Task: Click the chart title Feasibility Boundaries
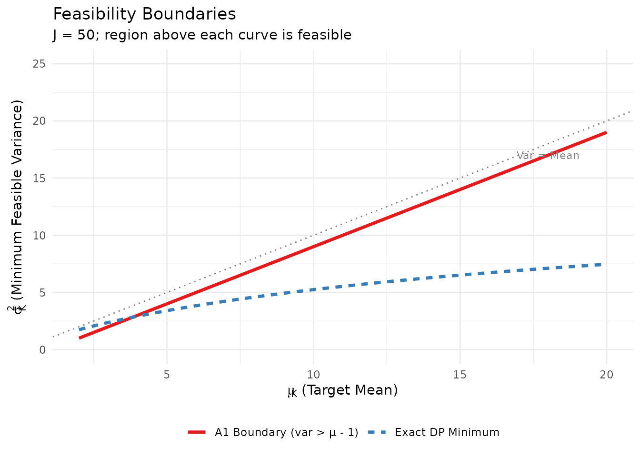click(144, 14)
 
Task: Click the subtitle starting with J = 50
click(202, 35)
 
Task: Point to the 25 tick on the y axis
click(40, 64)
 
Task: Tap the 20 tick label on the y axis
click(40, 121)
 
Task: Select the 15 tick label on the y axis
click(40, 178)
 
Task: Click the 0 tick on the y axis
click(42, 349)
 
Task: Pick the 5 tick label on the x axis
click(167, 375)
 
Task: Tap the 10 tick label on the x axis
click(313, 375)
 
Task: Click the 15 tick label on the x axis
click(460, 375)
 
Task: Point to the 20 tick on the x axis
click(606, 375)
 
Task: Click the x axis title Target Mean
click(343, 390)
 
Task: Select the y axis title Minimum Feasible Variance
click(18, 207)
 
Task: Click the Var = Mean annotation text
click(548, 156)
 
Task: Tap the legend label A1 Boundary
click(286, 432)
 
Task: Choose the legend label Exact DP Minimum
click(447, 432)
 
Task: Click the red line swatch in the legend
click(197, 432)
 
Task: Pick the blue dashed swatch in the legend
click(377, 432)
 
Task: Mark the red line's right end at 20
click(606, 132)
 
